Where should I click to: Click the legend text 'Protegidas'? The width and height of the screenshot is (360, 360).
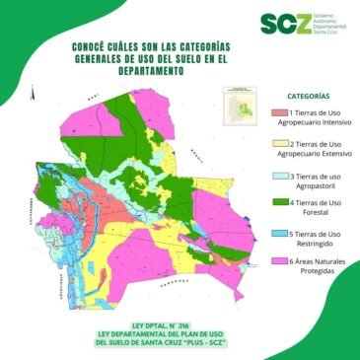(312, 271)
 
